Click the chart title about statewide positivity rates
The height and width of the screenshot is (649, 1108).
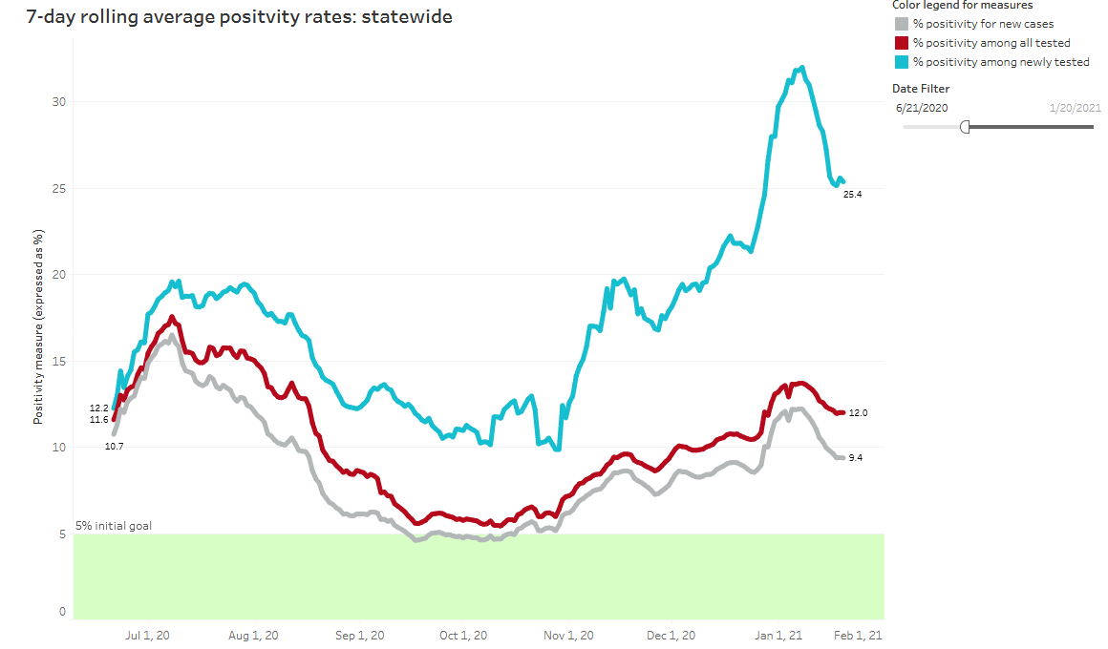tap(226, 17)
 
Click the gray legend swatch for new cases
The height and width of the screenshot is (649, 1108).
tap(900, 24)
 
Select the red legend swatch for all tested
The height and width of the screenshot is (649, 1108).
tap(900, 43)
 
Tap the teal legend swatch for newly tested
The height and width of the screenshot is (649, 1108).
tap(900, 62)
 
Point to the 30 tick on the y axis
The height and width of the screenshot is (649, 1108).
tap(59, 102)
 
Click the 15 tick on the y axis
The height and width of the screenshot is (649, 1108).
tap(59, 362)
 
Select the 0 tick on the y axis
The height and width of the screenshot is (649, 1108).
tap(62, 612)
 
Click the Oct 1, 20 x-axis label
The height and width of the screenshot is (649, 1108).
tap(464, 636)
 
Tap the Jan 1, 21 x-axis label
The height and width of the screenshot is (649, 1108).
tap(779, 636)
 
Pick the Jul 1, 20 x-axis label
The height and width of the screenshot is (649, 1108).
tap(148, 636)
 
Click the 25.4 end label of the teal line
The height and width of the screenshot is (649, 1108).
tap(853, 195)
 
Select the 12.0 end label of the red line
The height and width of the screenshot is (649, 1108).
tap(858, 413)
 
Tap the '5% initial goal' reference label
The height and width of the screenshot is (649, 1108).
tap(114, 526)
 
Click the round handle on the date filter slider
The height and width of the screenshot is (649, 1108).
tap(965, 126)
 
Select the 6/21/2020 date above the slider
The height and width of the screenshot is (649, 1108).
tap(922, 108)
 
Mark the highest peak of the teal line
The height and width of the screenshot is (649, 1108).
tap(802, 67)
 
